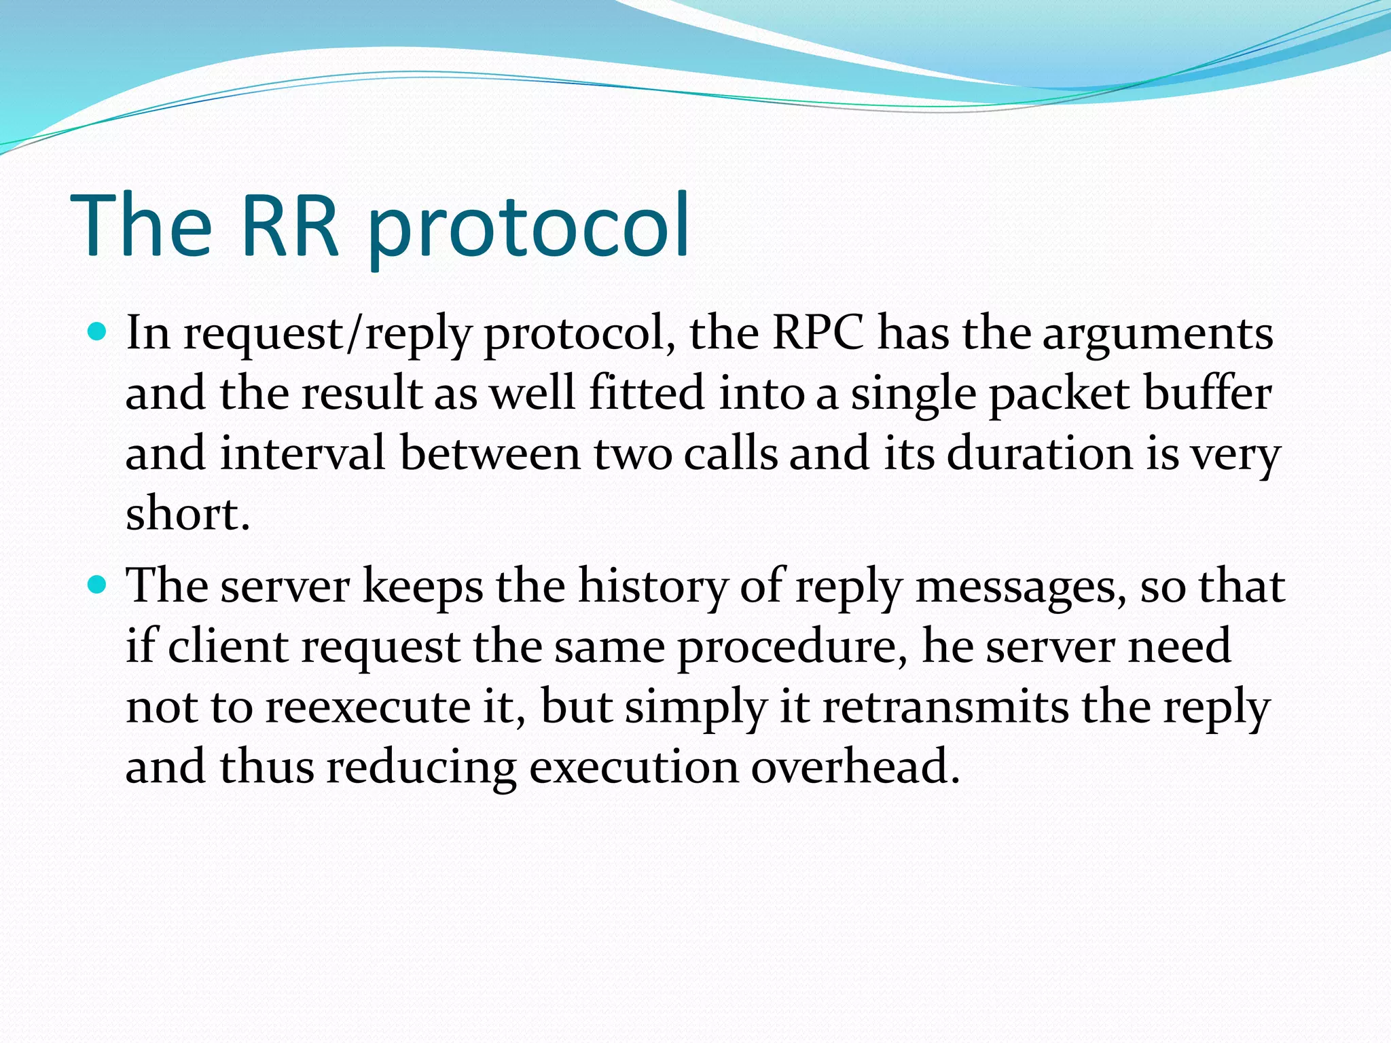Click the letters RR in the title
tap(289, 225)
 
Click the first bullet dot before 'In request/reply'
tap(98, 332)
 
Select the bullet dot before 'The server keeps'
tap(98, 584)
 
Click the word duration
tap(1039, 453)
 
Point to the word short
tap(187, 513)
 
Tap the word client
tap(228, 646)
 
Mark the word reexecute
tap(367, 707)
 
